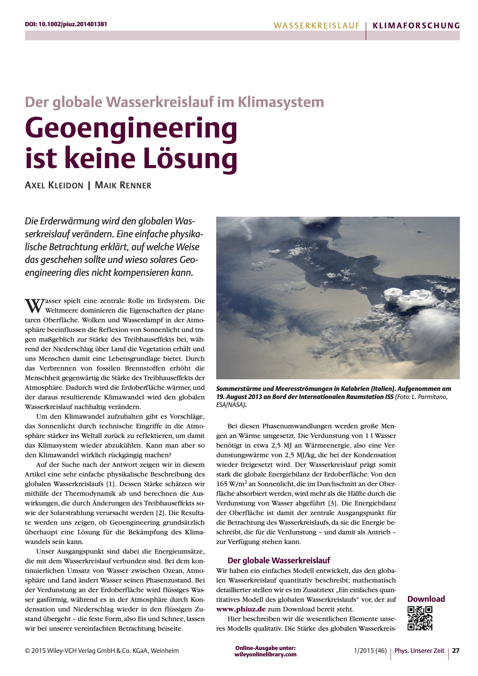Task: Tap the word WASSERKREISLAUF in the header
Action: [x=317, y=26]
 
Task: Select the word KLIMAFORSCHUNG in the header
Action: [x=416, y=26]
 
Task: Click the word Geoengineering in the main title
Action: [x=131, y=128]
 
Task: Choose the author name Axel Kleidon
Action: [x=54, y=185]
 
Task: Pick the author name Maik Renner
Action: [x=123, y=185]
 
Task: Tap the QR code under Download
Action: [x=420, y=619]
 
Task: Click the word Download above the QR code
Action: [x=426, y=599]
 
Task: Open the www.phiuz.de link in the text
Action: [x=241, y=609]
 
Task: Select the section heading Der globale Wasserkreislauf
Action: [x=279, y=560]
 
